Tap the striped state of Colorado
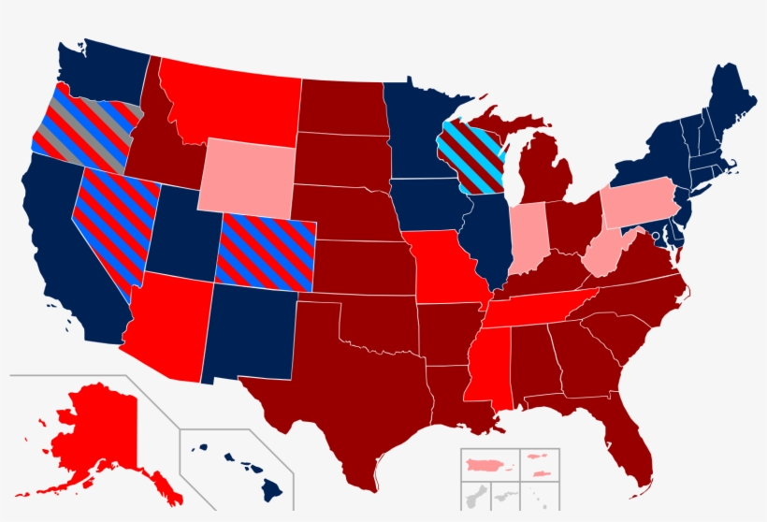coord(266,251)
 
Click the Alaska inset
coord(94,430)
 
